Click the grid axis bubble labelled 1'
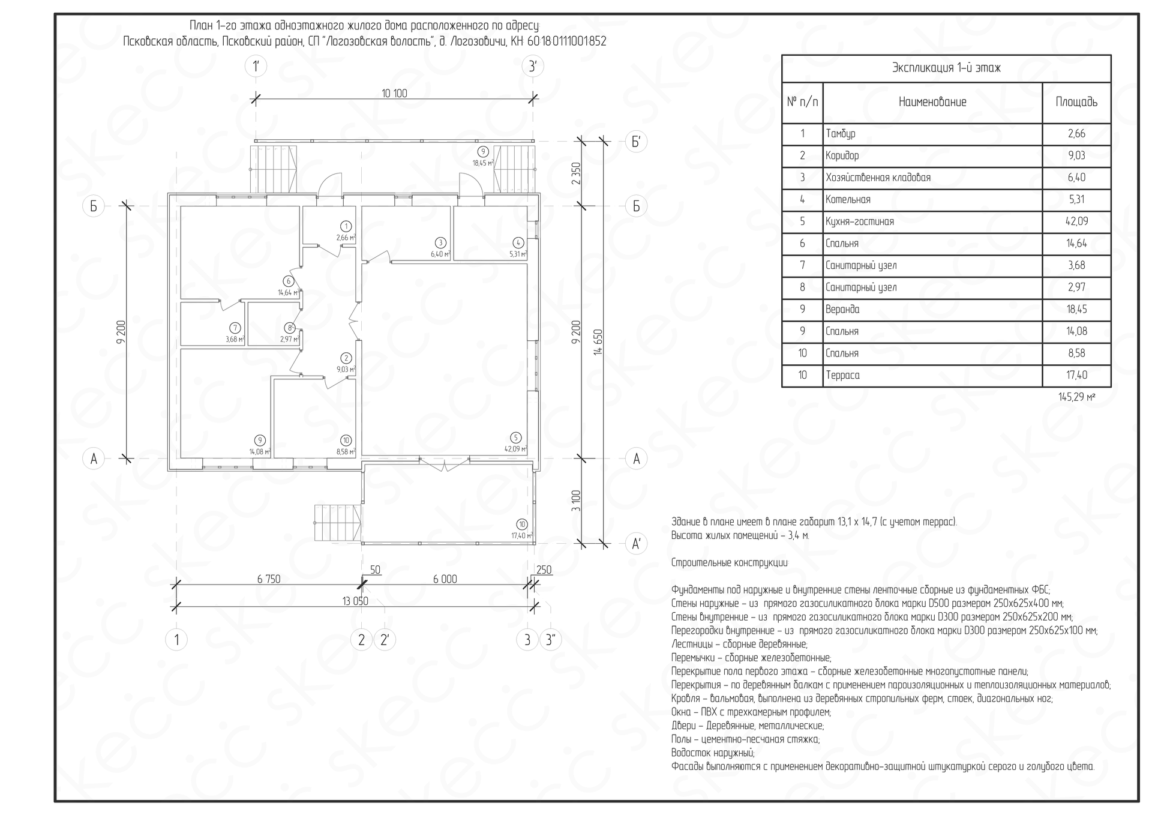[256, 66]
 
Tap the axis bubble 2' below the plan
[385, 640]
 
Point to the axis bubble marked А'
[636, 544]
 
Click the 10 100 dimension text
[394, 93]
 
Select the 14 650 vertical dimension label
[598, 342]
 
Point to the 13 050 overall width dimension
[355, 601]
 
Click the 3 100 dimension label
[576, 501]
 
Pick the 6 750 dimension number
[269, 579]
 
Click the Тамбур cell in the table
[841, 133]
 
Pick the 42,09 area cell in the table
[1076, 221]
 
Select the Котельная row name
[848, 199]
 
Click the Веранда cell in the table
[842, 309]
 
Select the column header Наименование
[932, 102]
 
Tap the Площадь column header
[1076, 102]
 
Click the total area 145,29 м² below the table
[1077, 397]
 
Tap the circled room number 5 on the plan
[515, 438]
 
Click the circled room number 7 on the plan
[235, 328]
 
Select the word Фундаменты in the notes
[695, 589]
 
